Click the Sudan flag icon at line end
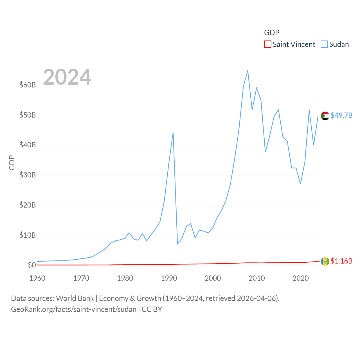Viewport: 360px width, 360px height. [325, 116]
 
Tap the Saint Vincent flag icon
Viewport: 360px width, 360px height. [325, 262]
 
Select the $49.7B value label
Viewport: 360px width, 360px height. [341, 115]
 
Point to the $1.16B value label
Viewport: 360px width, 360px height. [341, 261]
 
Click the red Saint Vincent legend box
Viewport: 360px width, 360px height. [268, 44]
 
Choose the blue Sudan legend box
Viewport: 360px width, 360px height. [324, 44]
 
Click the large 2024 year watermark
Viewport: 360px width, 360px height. [67, 77]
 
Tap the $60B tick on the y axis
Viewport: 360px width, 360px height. [28, 85]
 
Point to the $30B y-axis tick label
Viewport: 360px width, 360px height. [28, 175]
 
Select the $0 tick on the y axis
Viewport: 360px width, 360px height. [32, 265]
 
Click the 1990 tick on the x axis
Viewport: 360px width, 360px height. [169, 278]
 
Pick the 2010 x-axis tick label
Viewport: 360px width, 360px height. [257, 278]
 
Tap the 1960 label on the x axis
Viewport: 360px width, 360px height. [37, 278]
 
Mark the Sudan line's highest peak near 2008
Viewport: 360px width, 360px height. [248, 71]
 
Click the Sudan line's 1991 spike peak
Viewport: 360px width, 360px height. [173, 132]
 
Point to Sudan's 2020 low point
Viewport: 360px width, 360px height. [300, 184]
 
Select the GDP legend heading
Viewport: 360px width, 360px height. [272, 33]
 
